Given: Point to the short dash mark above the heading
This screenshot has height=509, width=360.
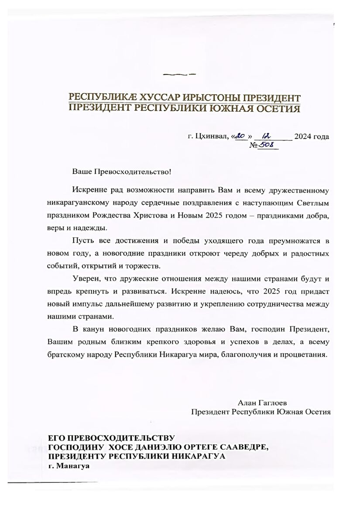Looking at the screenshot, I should pos(179,75).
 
